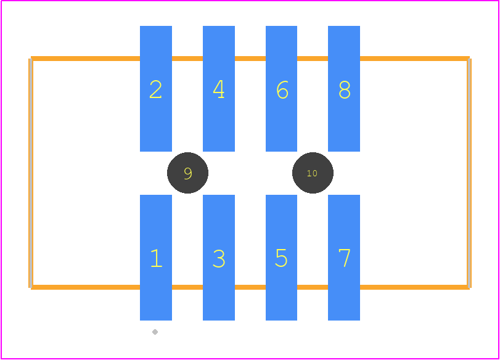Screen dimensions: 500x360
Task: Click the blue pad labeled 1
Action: (x=156, y=257)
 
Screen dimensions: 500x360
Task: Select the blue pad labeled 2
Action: (x=156, y=89)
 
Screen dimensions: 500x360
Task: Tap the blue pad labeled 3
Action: (x=219, y=257)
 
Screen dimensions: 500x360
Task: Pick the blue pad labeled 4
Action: (x=219, y=89)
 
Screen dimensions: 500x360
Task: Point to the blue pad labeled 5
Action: (x=281, y=257)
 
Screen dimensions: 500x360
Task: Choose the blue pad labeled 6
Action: (x=281, y=89)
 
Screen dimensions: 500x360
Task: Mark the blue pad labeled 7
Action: (x=344, y=257)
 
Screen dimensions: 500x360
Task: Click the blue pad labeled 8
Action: (x=344, y=89)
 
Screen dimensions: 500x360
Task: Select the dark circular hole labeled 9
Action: (x=188, y=173)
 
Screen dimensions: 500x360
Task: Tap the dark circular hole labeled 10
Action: (x=313, y=173)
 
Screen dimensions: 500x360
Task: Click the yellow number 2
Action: (x=155, y=89)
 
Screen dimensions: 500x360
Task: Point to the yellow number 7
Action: (x=345, y=258)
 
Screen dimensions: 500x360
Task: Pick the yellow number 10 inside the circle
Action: (x=312, y=173)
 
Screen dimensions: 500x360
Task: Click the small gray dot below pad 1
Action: (x=155, y=332)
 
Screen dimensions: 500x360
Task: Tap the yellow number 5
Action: (x=281, y=258)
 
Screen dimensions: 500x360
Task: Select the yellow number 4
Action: (x=219, y=89)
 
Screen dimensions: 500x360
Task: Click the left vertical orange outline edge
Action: (x=31, y=173)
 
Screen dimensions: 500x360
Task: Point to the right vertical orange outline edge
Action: (x=469, y=173)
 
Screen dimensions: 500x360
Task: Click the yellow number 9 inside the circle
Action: (x=188, y=173)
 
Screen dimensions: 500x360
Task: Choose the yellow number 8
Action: (x=345, y=89)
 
